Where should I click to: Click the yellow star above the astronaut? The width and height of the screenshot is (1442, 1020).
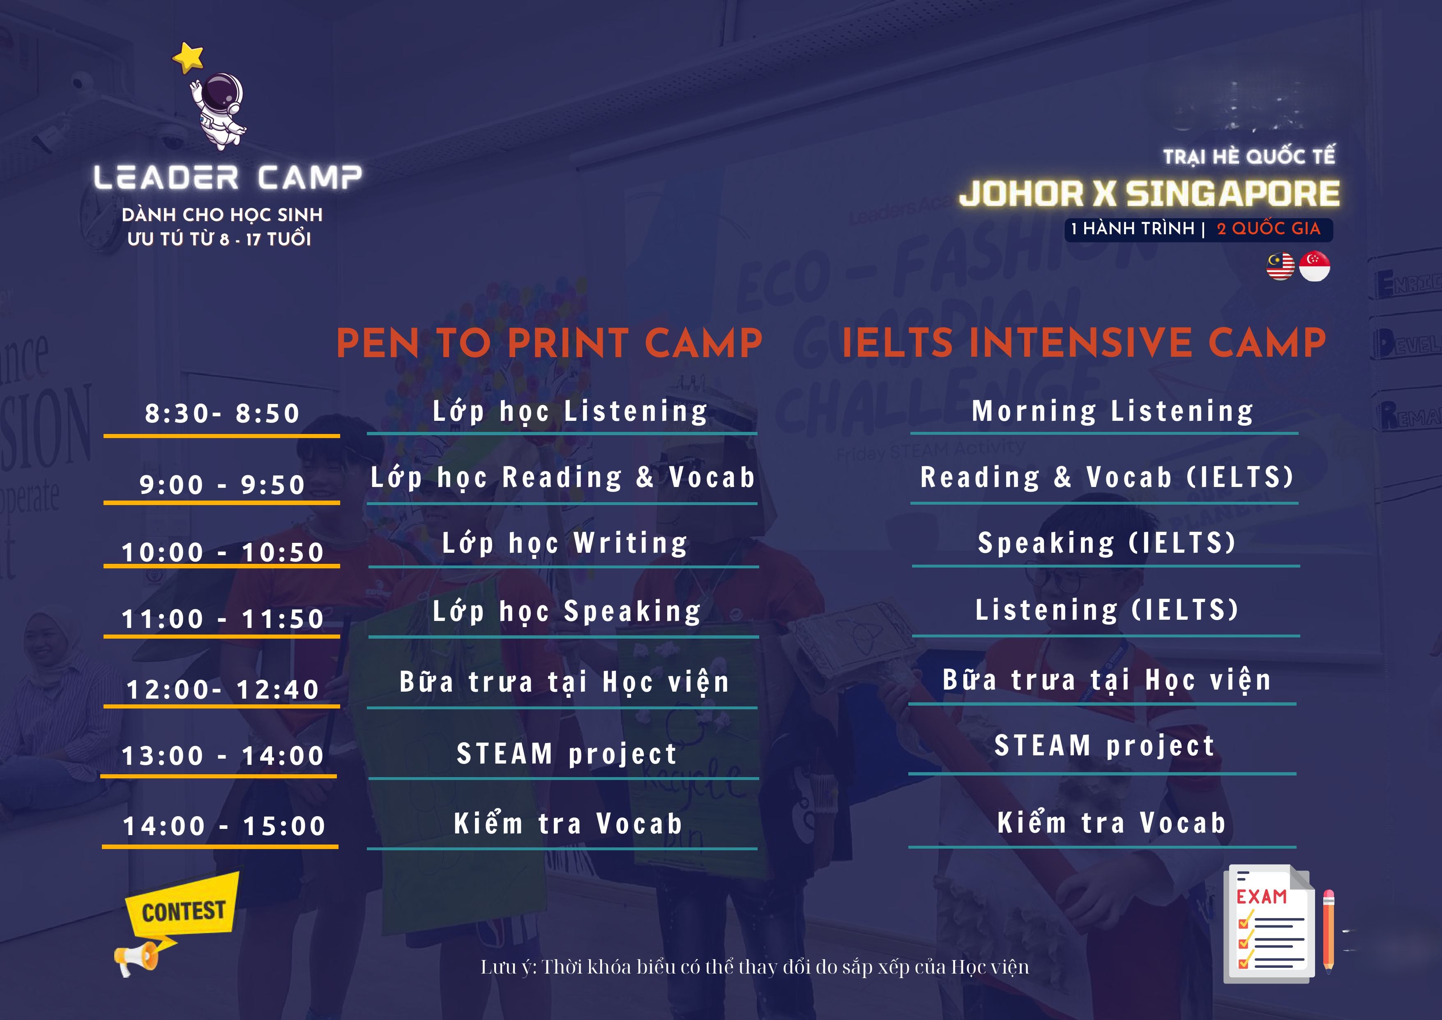189,57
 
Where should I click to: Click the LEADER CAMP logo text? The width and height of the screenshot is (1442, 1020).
227,178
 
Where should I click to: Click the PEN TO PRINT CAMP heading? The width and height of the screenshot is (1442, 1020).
550,343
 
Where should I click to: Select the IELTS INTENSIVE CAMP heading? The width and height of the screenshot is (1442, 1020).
1084,343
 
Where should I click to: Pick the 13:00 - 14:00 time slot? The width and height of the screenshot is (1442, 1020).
222,756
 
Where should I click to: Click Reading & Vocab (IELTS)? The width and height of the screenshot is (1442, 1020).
1107,478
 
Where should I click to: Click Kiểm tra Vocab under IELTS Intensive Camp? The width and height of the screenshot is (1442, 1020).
1112,823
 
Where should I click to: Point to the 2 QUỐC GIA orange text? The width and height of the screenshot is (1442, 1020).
1269,228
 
